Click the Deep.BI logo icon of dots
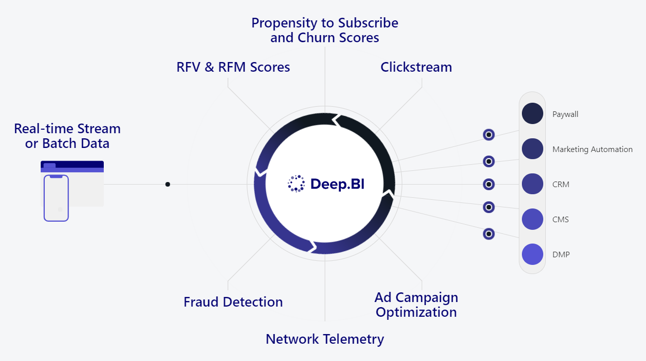pyautogui.click(x=296, y=184)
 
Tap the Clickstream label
pyautogui.click(x=416, y=67)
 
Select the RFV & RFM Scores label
pyautogui.click(x=233, y=67)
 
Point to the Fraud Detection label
pyautogui.click(x=233, y=302)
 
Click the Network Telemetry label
pyautogui.click(x=325, y=339)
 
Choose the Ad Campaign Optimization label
pyautogui.click(x=416, y=305)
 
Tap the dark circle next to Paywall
pyautogui.click(x=533, y=113)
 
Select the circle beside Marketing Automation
pyautogui.click(x=533, y=149)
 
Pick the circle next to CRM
pyautogui.click(x=533, y=184)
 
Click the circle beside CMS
pyautogui.click(x=533, y=219)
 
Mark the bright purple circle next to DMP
pyautogui.click(x=533, y=254)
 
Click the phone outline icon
pyautogui.click(x=56, y=198)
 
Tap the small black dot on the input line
pyautogui.click(x=168, y=184)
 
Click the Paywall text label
pyautogui.click(x=565, y=114)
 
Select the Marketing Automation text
pyautogui.click(x=592, y=149)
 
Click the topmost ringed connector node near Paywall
pyautogui.click(x=489, y=135)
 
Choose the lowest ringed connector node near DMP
pyautogui.click(x=489, y=234)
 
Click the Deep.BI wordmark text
pyautogui.click(x=337, y=185)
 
